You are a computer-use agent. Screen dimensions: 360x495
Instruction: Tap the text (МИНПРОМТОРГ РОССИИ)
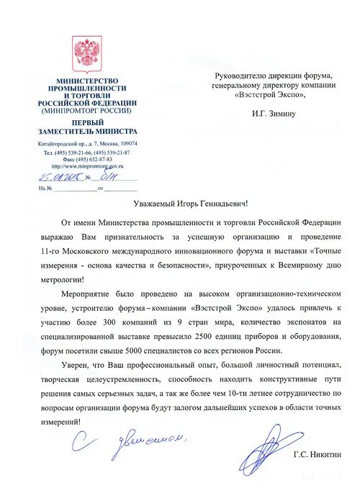point(86,112)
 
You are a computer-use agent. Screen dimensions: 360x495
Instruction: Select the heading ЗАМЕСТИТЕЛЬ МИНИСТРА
point(88,132)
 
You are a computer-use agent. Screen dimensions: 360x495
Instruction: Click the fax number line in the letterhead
point(86,159)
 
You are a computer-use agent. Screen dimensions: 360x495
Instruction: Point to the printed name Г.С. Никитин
point(318,455)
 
